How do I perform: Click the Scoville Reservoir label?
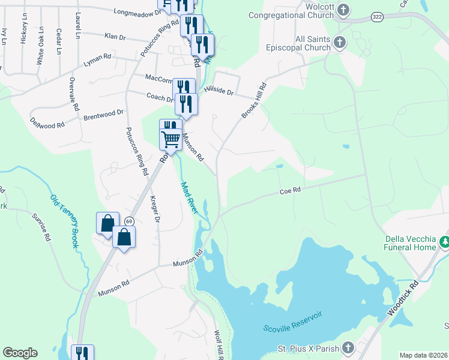(x=293, y=321)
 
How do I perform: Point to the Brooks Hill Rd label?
(x=253, y=101)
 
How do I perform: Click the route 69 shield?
(x=129, y=221)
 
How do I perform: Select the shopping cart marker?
(x=171, y=139)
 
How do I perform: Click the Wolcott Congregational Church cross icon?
(x=343, y=9)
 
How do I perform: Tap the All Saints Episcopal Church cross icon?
(x=339, y=41)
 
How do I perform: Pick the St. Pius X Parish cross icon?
(x=348, y=348)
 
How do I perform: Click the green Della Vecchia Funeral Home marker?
(x=444, y=241)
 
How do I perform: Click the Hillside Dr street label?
(x=218, y=89)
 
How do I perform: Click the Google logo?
(x=20, y=353)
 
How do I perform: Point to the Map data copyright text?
(x=423, y=355)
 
